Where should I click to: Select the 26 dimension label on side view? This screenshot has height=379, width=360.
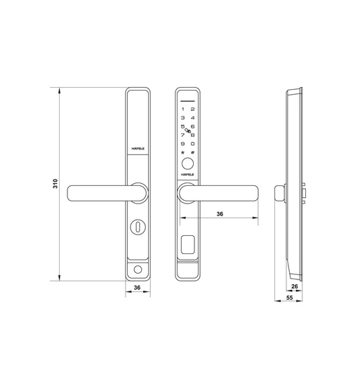tap(295, 286)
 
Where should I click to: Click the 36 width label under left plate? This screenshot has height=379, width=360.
tap(138, 287)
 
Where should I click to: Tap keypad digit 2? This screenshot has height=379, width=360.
tap(193, 109)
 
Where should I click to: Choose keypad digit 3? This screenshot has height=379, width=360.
tap(182, 118)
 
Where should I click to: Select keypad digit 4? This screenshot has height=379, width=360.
tap(193, 118)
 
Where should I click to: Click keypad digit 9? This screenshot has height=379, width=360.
tap(182, 143)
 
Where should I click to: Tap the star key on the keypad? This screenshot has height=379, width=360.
tap(182, 152)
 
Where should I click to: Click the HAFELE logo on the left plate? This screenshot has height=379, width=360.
tap(138, 149)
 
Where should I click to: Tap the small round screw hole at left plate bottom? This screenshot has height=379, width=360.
tap(137, 270)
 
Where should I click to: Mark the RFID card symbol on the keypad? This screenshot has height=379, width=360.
tap(187, 131)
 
